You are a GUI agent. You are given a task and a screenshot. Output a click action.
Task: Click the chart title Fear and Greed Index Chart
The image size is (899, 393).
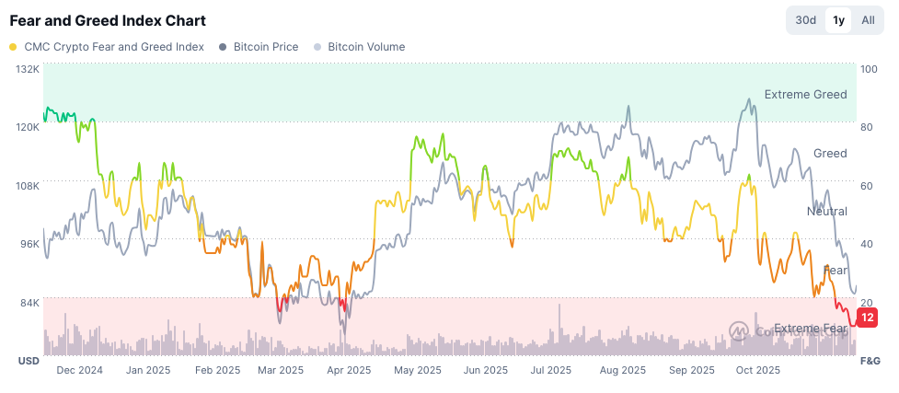click(108, 20)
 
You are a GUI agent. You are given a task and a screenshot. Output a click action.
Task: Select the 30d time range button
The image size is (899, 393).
click(805, 20)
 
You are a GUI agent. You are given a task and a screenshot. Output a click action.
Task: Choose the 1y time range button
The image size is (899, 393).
click(837, 20)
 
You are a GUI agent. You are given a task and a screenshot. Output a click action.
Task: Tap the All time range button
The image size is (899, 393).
click(868, 20)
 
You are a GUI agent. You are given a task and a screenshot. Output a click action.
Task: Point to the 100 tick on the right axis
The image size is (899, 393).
click(869, 69)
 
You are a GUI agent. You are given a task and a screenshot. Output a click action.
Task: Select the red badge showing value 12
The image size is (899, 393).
click(867, 318)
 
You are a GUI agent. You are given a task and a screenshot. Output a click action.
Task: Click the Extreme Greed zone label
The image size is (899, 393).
click(805, 95)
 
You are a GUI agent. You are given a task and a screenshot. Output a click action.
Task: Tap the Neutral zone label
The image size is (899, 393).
click(826, 212)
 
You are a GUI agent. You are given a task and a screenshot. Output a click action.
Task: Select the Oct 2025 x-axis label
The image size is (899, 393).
click(758, 370)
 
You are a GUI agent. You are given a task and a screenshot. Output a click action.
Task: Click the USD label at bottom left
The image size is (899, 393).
click(29, 361)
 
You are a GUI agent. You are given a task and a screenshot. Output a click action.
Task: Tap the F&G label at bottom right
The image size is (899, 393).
click(870, 361)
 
